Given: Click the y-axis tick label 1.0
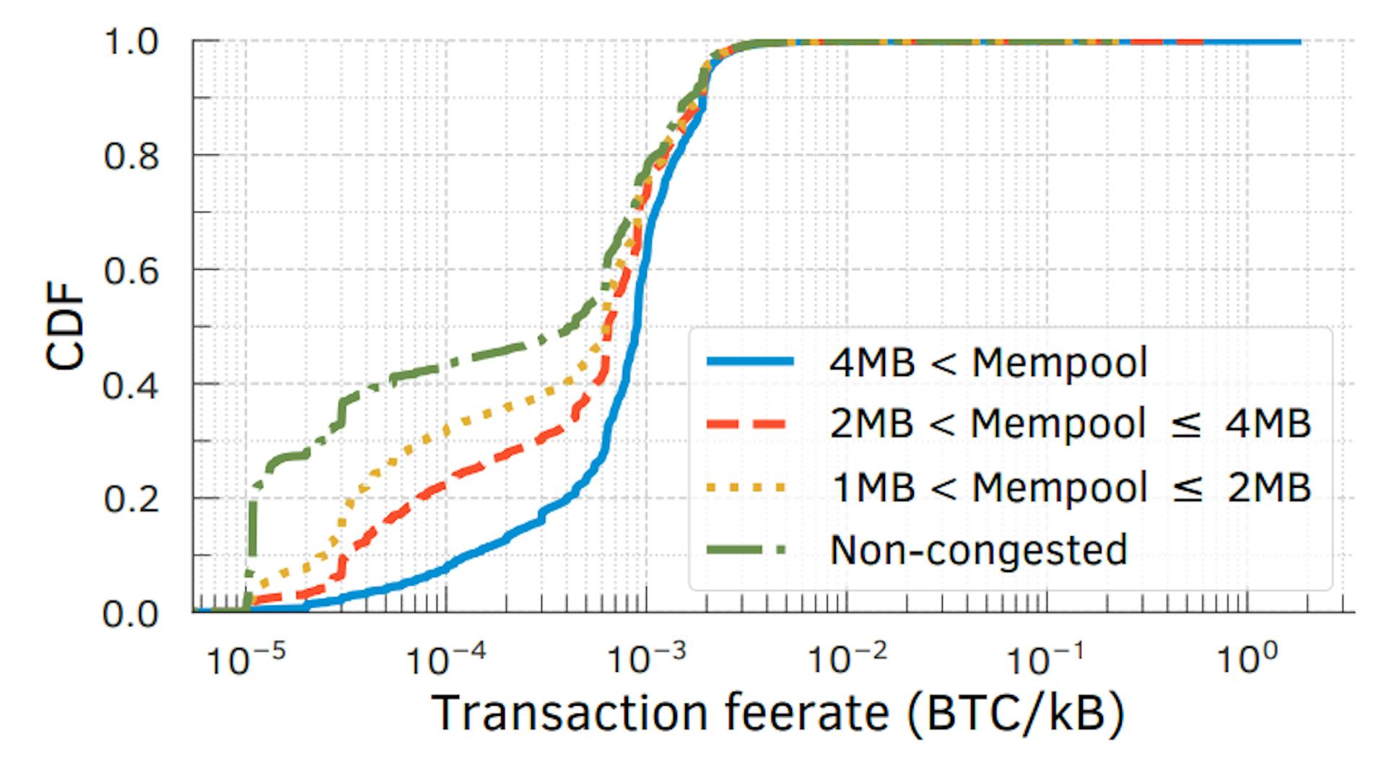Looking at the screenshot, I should pos(131,43).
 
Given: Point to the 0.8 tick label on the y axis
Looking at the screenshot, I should pos(131,157).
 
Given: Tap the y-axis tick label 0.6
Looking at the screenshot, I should pos(131,271).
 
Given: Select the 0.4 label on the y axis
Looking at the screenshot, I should pos(131,385).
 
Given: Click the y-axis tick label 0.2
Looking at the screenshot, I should pos(131,499).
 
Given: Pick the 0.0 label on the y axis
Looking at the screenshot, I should pos(131,614).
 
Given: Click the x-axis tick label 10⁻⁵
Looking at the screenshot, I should pos(246,658).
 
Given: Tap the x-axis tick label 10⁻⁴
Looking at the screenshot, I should pos(446,658).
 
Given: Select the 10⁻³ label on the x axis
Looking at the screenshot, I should pos(646,658).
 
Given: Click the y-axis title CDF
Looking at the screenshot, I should pos(66,327).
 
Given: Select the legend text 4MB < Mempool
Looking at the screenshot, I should pos(988,362).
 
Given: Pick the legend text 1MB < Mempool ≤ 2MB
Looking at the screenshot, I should pos(1070,488).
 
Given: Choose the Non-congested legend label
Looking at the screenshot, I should pos(978,551).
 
